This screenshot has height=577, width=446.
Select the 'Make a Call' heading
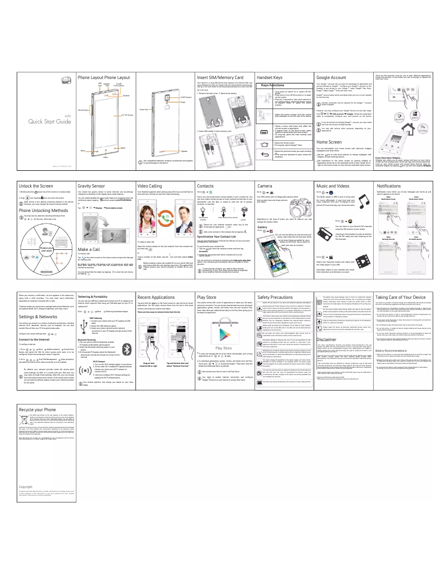click(90, 234)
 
